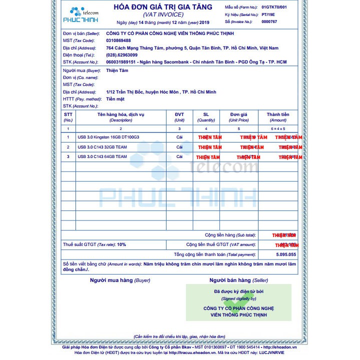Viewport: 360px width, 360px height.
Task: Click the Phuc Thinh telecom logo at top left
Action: pyautogui.click(x=80, y=15)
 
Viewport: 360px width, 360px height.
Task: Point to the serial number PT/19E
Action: pyautogui.click(x=268, y=15)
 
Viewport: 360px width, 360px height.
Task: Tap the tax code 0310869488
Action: pyautogui.click(x=118, y=40)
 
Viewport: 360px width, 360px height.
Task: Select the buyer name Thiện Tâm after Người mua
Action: pyautogui.click(x=117, y=70)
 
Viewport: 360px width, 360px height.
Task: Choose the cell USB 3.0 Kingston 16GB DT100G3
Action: pyautogui.click(x=108, y=137)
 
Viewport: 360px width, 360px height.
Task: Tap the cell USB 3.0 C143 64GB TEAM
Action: pyautogui.click(x=102, y=156)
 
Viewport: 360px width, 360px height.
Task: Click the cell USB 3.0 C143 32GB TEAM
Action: pyautogui.click(x=102, y=147)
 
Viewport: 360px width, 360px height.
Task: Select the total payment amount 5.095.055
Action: pyautogui.click(x=285, y=254)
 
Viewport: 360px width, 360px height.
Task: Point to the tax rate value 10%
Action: pyautogui.click(x=121, y=244)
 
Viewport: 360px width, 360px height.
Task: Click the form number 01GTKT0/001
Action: pyautogui.click(x=274, y=7)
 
